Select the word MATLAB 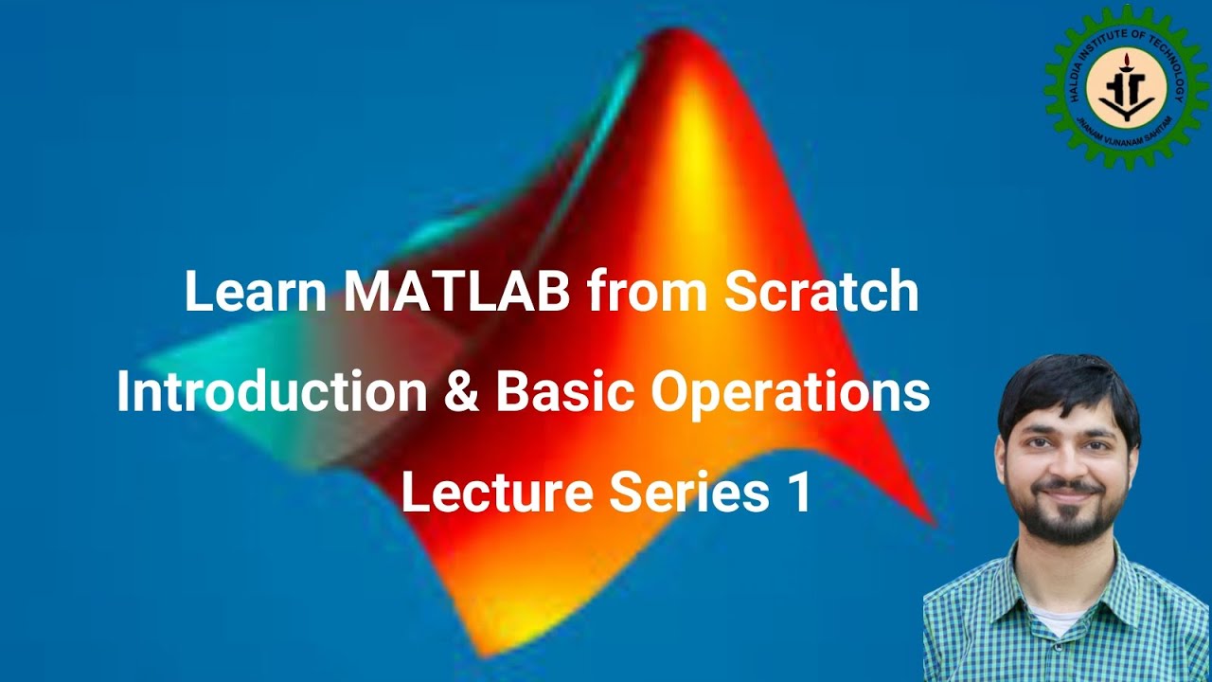[456, 293]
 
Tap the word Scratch [821, 293]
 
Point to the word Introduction [272, 392]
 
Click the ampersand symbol [462, 392]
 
